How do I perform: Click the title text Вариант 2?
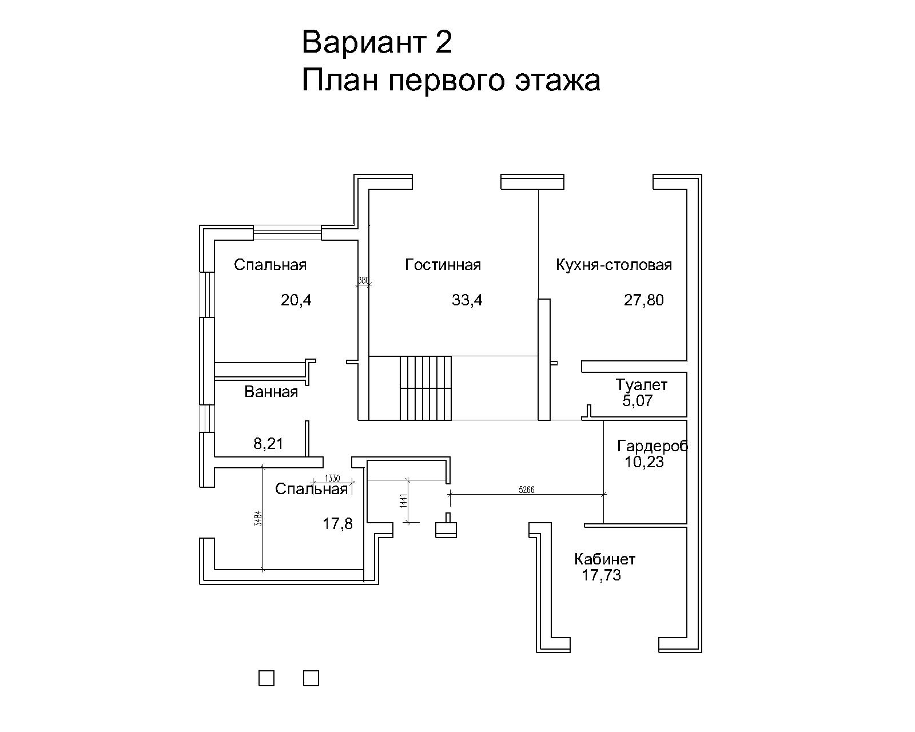376,42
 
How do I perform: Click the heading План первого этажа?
451,81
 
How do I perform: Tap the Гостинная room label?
443,265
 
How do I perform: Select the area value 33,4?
467,300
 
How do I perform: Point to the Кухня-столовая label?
614,265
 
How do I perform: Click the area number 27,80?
644,300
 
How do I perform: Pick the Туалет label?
641,385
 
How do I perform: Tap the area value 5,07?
637,401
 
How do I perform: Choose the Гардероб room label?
653,445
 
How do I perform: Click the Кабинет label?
604,559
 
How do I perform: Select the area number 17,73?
601,575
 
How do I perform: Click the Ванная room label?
271,392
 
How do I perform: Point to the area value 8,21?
268,444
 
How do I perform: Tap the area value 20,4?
296,300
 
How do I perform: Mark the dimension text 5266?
526,490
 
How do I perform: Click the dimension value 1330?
332,479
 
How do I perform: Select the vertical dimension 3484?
258,519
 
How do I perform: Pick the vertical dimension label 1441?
404,500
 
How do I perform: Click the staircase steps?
425,388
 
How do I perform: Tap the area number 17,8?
337,524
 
